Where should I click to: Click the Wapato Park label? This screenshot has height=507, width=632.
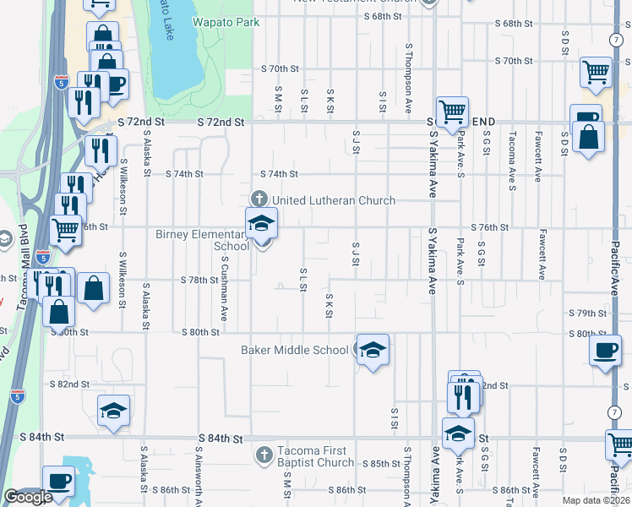(x=226, y=23)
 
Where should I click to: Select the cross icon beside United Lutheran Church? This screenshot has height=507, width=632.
(x=261, y=200)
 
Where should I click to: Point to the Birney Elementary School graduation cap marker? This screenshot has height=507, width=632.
(x=262, y=224)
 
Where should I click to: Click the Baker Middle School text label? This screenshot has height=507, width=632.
(x=294, y=349)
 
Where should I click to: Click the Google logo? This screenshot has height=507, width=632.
(x=28, y=497)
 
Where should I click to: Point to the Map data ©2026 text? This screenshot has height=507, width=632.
(x=596, y=500)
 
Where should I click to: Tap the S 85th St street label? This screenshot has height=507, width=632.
(x=380, y=464)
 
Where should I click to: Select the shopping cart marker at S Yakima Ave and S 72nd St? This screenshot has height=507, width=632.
(x=452, y=112)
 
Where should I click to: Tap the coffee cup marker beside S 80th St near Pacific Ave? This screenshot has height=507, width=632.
(x=605, y=351)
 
